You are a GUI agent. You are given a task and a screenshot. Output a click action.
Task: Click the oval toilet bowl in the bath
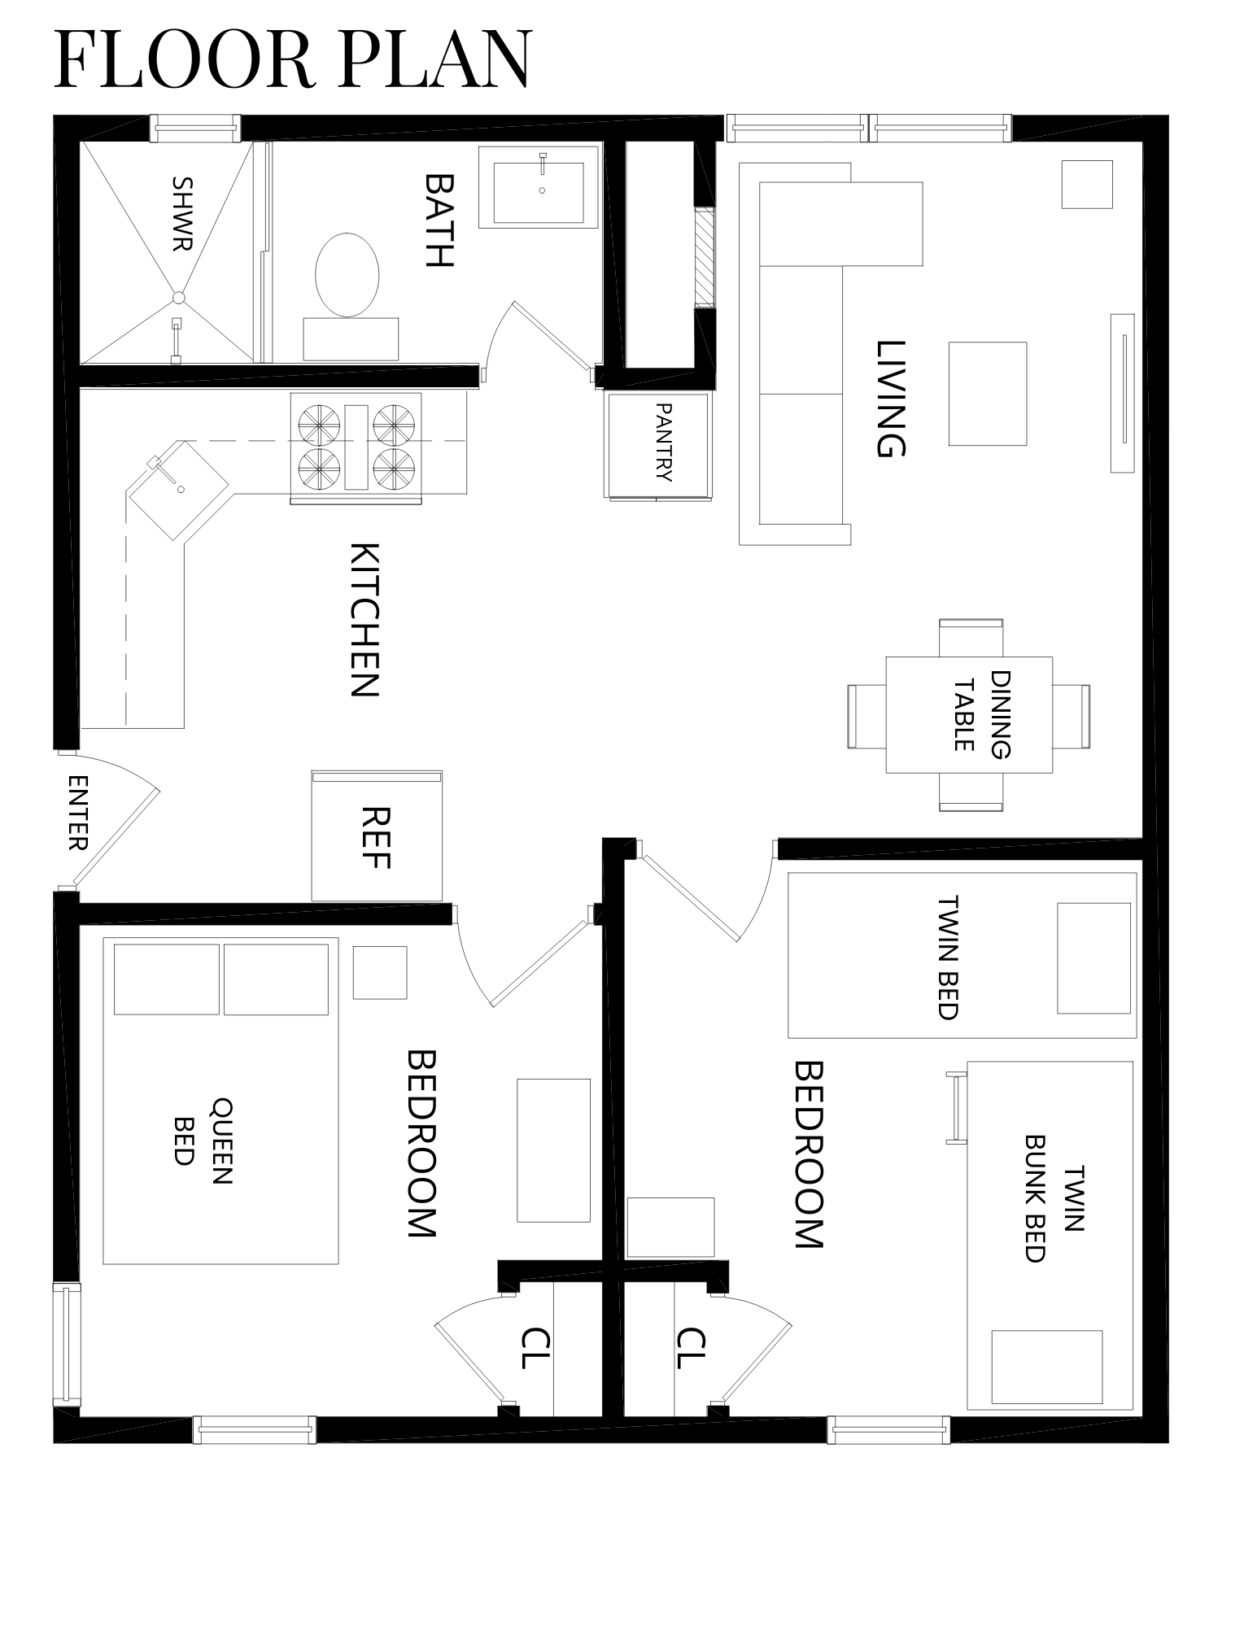[347, 275]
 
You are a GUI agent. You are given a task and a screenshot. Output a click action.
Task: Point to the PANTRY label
[663, 443]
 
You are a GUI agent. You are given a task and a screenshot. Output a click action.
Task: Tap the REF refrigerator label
[376, 837]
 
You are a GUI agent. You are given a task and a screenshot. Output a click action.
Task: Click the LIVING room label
[890, 399]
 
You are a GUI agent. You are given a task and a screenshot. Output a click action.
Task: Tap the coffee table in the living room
[987, 394]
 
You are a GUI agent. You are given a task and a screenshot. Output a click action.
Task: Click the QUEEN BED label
[203, 1141]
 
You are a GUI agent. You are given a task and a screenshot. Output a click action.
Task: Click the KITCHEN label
[364, 619]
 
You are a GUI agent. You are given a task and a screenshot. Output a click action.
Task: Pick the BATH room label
[439, 219]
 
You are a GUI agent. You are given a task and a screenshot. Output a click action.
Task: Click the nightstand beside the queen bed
[379, 972]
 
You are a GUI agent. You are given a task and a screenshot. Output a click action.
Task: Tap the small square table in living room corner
[1086, 184]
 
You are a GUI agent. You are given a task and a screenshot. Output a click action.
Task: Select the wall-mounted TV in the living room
[1123, 392]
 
